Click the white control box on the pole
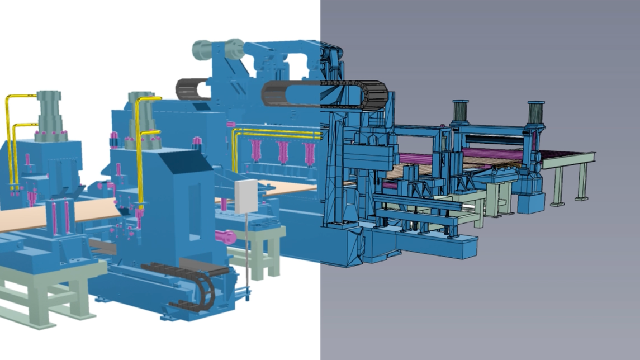point(246,196)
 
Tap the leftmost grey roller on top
point(201,50)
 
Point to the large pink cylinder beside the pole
point(226,236)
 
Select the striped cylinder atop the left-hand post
point(460,111)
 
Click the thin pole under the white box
point(246,252)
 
